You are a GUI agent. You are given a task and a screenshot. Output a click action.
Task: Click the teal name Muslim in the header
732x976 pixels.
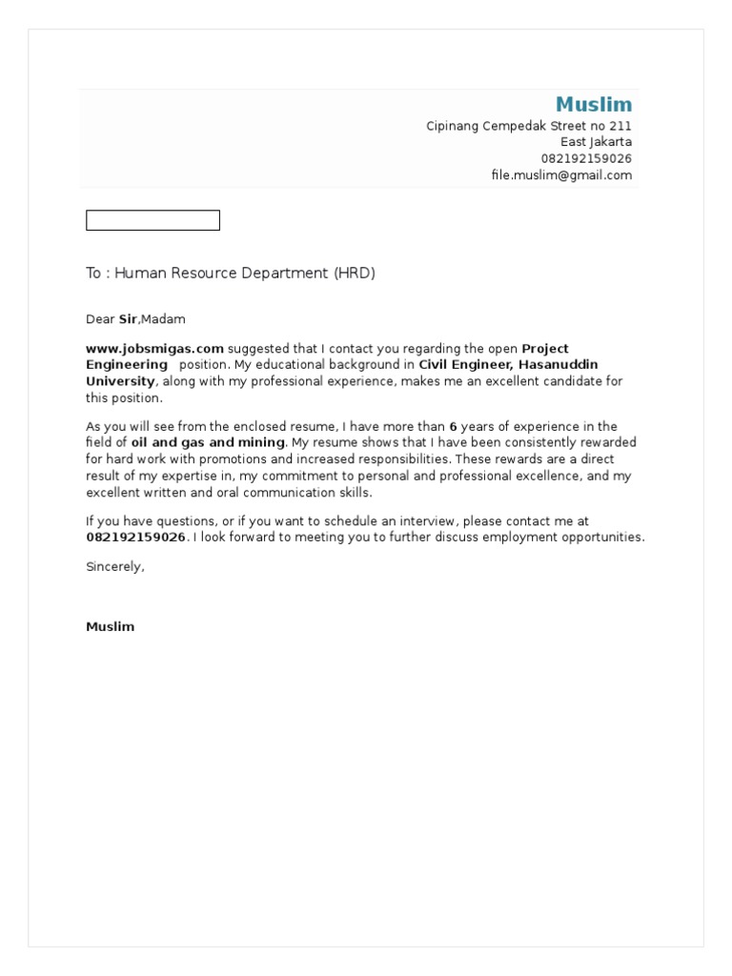[593, 104]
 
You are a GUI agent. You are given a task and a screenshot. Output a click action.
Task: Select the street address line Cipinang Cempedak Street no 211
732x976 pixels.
[528, 126]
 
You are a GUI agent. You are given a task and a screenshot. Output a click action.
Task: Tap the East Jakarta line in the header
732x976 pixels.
[596, 142]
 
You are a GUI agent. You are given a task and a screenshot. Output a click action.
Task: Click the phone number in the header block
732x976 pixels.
[586, 158]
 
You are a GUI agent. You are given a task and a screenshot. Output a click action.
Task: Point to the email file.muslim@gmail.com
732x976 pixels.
[561, 174]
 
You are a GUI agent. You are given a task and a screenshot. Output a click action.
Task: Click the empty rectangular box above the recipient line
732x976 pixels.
[152, 220]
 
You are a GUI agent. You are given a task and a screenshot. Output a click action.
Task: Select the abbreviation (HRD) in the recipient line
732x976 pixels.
[355, 274]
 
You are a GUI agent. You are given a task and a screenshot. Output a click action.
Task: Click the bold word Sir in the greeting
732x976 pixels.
[128, 319]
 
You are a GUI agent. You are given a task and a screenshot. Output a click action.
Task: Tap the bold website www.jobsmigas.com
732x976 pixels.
[154, 349]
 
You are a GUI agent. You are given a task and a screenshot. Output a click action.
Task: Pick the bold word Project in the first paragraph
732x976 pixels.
[545, 349]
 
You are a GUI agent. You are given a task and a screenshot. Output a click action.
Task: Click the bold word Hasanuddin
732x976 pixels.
[558, 365]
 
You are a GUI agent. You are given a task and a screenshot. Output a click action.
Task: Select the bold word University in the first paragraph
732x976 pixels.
[120, 381]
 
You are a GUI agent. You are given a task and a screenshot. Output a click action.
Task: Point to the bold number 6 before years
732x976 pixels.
[454, 427]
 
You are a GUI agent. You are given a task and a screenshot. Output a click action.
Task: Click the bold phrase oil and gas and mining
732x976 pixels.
[208, 442]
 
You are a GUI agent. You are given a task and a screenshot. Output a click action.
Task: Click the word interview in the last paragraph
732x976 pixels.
[485, 521]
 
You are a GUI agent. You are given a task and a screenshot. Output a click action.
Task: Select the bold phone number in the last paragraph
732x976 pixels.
[135, 538]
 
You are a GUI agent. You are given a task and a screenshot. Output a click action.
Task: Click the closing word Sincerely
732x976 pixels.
[114, 566]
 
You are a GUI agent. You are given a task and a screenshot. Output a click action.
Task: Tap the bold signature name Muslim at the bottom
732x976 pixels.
[110, 626]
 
